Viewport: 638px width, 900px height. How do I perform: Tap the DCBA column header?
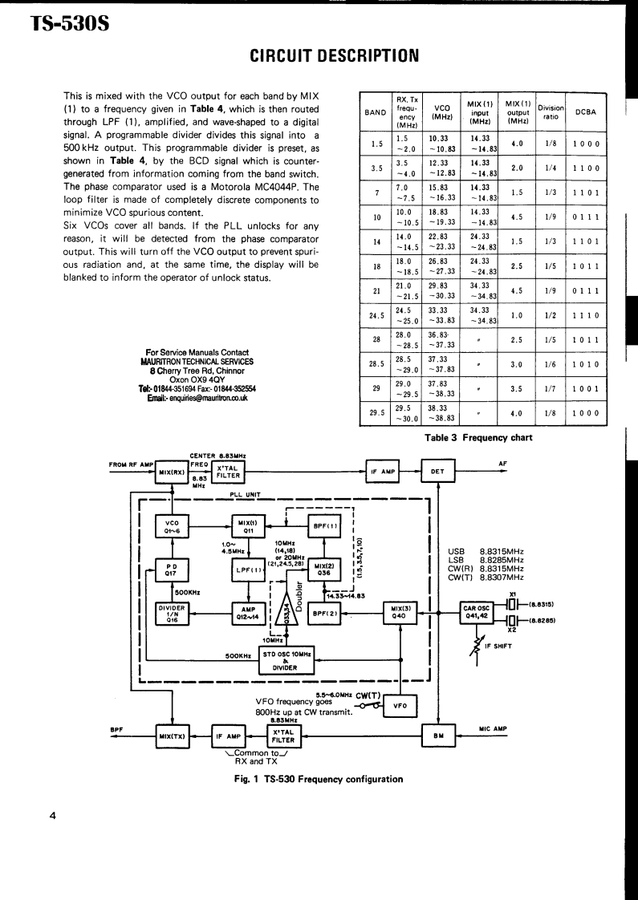(586, 111)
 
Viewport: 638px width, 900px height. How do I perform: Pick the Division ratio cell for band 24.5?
(551, 315)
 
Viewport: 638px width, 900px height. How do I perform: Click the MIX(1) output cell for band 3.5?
(517, 168)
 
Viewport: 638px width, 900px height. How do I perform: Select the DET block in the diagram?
(437, 472)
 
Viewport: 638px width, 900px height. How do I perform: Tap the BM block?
(438, 734)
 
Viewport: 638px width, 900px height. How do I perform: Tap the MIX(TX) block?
(173, 735)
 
